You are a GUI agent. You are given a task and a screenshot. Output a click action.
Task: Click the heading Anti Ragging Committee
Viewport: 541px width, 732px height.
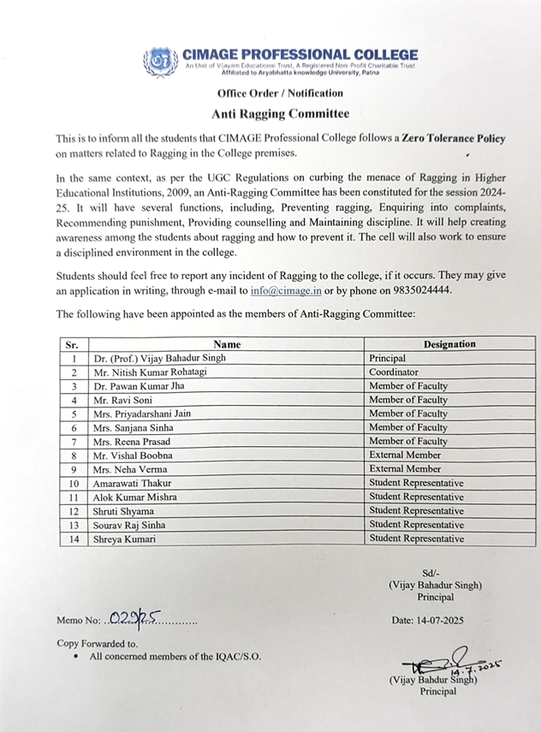tap(281, 113)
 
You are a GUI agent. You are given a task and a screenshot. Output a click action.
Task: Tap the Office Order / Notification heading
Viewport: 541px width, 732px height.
tap(280, 93)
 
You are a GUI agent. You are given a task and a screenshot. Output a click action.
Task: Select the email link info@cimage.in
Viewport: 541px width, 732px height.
tap(281, 290)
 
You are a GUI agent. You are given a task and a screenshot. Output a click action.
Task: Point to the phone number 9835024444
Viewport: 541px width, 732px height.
tap(419, 290)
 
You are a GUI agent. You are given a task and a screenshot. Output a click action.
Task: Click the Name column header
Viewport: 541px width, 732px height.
tap(227, 344)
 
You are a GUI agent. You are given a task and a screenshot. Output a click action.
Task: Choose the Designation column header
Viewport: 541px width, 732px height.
tap(449, 344)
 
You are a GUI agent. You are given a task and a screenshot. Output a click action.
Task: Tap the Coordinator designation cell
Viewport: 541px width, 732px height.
tap(393, 372)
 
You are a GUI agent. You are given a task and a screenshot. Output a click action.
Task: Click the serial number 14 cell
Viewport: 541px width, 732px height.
tap(74, 539)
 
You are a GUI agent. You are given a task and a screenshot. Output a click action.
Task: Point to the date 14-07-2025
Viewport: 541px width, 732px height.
tap(437, 619)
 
